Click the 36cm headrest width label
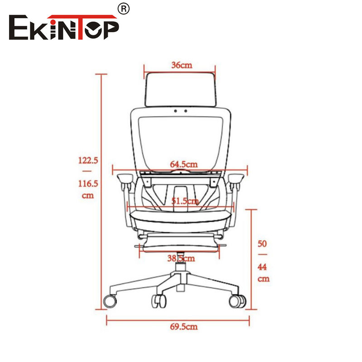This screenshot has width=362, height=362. (182, 65)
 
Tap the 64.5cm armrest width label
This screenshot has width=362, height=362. (184, 164)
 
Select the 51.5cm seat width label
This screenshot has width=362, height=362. (185, 201)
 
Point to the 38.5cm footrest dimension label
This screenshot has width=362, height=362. (181, 258)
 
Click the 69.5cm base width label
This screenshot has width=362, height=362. (184, 326)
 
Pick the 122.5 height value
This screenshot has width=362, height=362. (88, 160)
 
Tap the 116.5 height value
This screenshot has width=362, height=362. (88, 184)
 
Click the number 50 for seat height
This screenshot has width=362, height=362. (262, 243)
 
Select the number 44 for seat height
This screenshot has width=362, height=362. (262, 267)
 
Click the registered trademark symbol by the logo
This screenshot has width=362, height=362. (124, 9)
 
